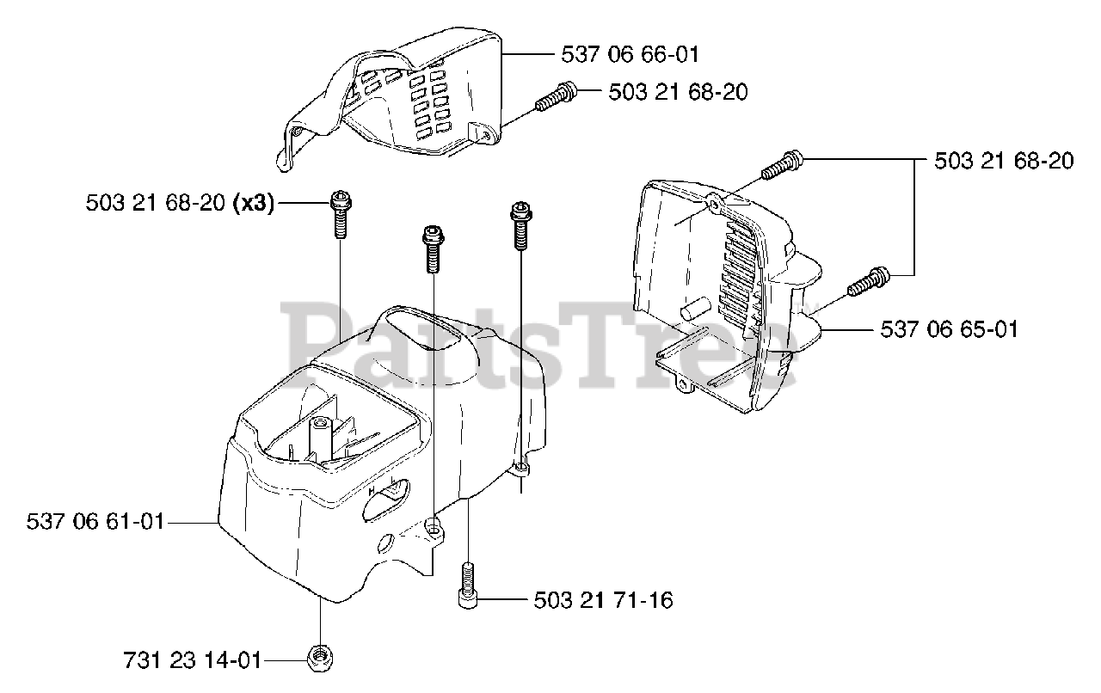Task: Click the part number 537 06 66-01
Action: pos(630,54)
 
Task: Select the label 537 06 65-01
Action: pos(949,329)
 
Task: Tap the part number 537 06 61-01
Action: pos(95,521)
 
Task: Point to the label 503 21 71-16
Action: pos(603,600)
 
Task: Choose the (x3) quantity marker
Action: pos(252,203)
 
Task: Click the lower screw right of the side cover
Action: pos(869,282)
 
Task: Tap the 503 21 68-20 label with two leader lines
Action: pos(1004,161)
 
